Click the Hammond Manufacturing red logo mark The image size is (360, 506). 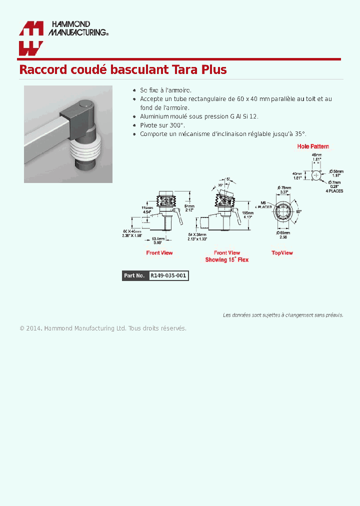(x=30, y=38)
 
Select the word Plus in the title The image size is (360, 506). (x=214, y=69)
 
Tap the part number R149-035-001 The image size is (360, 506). (x=168, y=275)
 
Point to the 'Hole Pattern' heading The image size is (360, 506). (x=313, y=146)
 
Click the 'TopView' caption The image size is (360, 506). (x=282, y=253)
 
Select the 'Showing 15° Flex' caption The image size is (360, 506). (x=226, y=260)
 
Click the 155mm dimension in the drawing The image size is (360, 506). (x=247, y=212)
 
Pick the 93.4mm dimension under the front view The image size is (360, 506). (x=158, y=238)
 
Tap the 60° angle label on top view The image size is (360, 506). (x=299, y=211)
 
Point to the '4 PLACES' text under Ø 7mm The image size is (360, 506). (x=334, y=191)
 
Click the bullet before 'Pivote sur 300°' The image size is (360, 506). (x=134, y=125)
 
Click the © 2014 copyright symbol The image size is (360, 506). (x=22, y=328)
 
